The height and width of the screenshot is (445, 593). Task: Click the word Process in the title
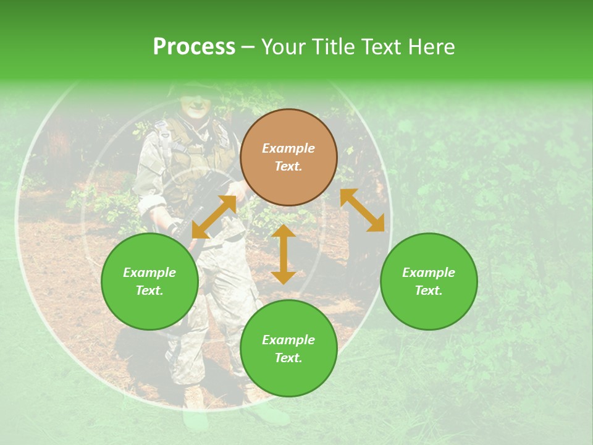(x=194, y=47)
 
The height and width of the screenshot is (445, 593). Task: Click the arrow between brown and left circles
(x=214, y=217)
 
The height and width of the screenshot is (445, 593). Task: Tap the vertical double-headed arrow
(x=284, y=254)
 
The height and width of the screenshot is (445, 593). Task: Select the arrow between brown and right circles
(x=362, y=210)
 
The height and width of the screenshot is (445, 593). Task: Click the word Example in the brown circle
(x=288, y=148)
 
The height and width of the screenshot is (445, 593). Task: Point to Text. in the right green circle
(x=429, y=290)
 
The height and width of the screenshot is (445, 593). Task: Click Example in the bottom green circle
(x=288, y=340)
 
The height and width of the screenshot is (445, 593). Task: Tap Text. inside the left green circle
(x=149, y=290)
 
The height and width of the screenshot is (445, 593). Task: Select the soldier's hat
(x=191, y=88)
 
